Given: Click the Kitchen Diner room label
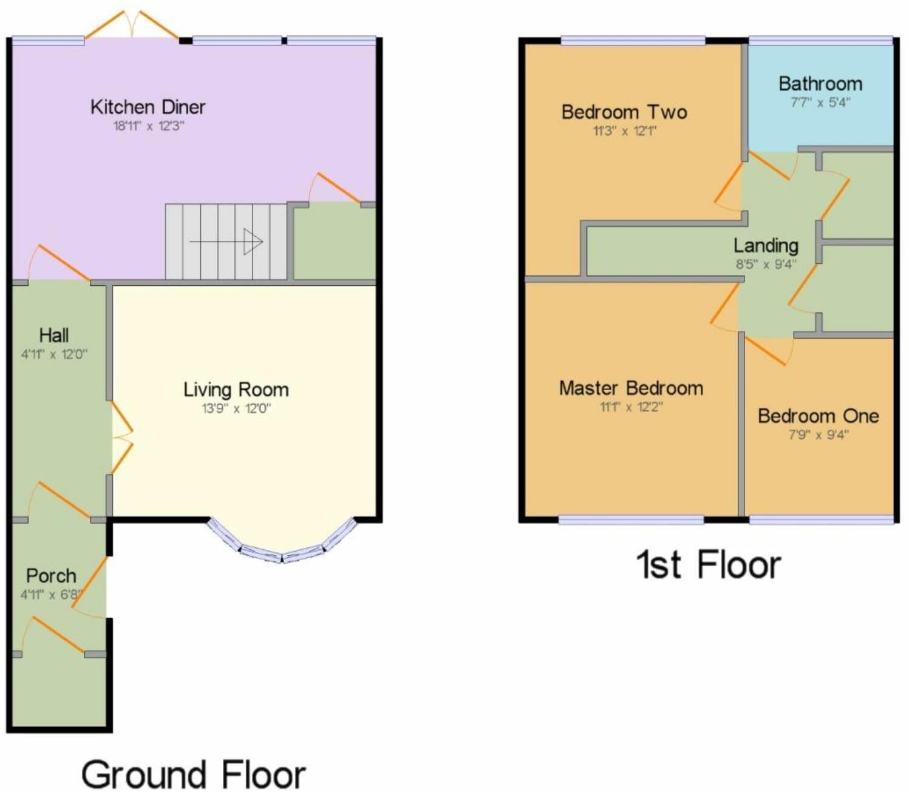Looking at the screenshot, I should [148, 107].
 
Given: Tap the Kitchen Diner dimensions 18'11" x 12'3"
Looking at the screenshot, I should [148, 127].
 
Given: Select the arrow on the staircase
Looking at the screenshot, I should [226, 242].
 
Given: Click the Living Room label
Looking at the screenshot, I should [236, 390].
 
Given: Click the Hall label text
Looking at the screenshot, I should [53, 335].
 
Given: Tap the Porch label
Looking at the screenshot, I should [51, 575].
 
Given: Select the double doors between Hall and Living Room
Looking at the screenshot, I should [121, 436].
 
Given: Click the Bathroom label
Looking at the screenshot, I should [820, 83].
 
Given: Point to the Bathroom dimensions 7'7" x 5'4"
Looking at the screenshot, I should [820, 102].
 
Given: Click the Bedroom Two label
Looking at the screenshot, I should [624, 112].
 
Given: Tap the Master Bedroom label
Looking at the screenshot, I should [631, 388].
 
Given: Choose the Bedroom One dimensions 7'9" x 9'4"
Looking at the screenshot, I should [819, 435].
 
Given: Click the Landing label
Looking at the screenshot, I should [766, 245].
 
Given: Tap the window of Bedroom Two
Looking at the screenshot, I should [633, 41].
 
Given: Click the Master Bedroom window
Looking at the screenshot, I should [631, 520].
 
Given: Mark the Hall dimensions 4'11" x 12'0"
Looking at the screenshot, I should [54, 354].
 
